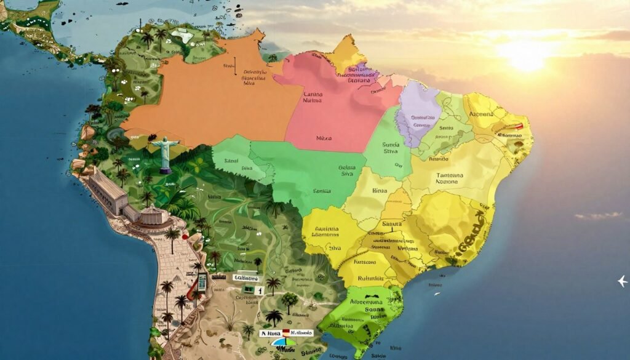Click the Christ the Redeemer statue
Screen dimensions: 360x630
[x=165, y=153]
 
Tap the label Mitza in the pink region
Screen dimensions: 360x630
[x=323, y=138]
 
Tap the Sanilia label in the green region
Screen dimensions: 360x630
[x=322, y=191]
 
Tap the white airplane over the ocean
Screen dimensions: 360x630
[x=623, y=281]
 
